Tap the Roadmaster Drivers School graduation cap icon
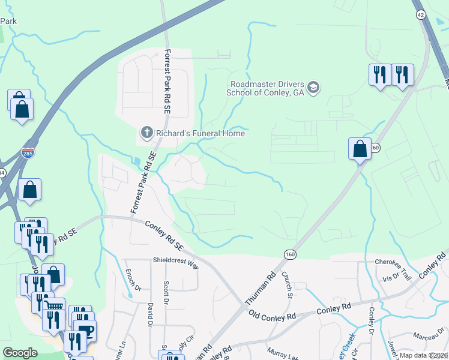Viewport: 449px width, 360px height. coord(313,89)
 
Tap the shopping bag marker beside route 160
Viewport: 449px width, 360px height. coord(360,149)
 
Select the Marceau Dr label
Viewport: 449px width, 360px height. coord(424,336)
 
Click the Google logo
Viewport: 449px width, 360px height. coord(20,353)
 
